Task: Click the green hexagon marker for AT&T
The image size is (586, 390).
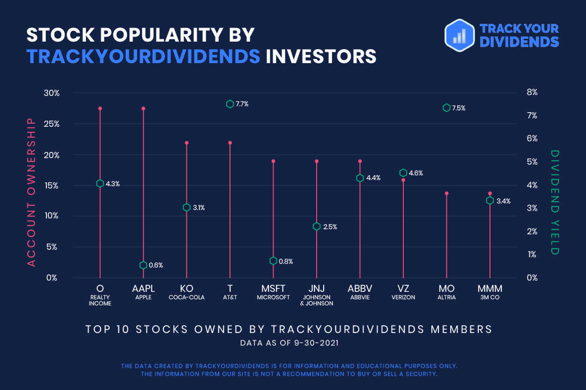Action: (230, 104)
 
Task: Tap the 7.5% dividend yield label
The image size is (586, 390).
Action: (459, 108)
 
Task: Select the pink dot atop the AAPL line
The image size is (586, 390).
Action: (143, 108)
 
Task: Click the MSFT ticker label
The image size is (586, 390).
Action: (273, 288)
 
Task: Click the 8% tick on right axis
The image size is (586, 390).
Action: (532, 92)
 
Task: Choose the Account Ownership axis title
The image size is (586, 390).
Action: (31, 192)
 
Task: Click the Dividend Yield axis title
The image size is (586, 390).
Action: (555, 202)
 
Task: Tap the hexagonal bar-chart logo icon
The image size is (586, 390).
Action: (460, 36)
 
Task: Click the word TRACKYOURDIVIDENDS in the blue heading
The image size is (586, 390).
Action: (143, 56)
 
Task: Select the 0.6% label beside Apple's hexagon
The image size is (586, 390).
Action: (156, 265)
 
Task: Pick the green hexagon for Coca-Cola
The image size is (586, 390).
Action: (186, 208)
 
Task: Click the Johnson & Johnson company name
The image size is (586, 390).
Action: (317, 300)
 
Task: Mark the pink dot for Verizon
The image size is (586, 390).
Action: (403, 180)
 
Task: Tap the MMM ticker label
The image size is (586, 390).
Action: (490, 288)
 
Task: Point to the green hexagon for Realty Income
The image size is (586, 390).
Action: (100, 183)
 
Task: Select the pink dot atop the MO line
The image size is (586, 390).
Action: (446, 193)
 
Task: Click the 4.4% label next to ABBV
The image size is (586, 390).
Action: (373, 178)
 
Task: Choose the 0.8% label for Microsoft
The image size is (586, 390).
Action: (286, 261)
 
